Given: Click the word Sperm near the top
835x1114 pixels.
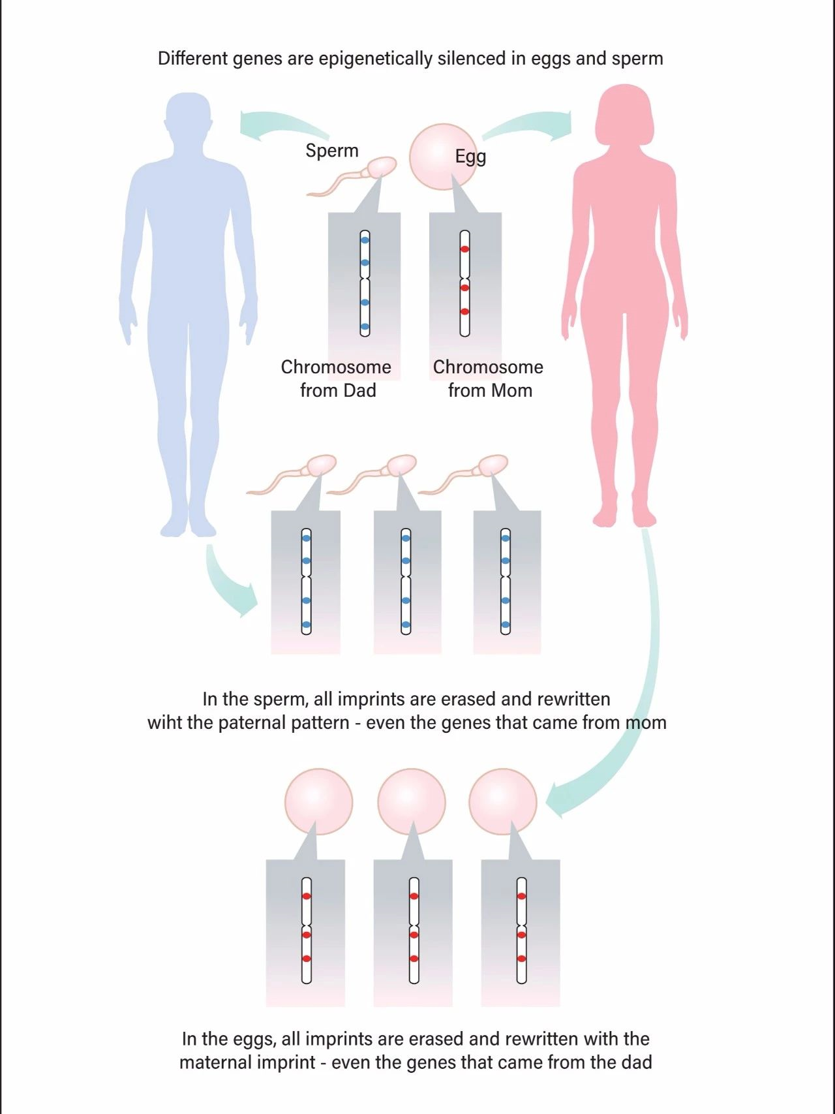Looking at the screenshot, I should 332,151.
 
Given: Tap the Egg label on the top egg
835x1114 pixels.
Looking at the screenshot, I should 470,157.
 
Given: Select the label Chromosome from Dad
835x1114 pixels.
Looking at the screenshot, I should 337,379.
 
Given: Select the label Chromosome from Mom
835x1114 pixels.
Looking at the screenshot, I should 489,379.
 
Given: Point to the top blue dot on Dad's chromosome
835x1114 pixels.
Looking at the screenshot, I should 365,240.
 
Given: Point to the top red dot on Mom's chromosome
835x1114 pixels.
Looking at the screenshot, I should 465,249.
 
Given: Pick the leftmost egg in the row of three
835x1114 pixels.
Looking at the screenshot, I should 319,802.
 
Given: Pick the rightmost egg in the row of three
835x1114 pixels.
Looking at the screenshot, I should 503,802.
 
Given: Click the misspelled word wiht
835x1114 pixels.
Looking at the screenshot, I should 164,723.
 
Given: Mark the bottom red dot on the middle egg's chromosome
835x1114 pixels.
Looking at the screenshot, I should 414,959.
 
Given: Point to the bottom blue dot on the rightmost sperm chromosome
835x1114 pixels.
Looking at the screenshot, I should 506,625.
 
